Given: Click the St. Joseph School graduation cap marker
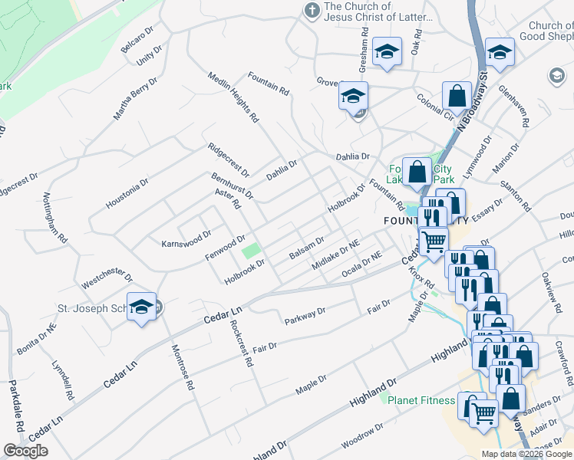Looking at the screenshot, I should [x=142, y=307].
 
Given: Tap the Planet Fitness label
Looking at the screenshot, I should [x=420, y=400].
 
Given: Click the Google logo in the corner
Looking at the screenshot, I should [x=25, y=451].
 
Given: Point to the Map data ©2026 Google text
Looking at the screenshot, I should [x=526, y=454].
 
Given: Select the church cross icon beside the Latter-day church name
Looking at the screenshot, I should [x=312, y=11].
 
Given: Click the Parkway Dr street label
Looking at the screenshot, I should [x=305, y=315].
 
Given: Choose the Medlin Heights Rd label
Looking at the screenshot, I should [x=233, y=98].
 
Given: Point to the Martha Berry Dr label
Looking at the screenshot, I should [x=135, y=99].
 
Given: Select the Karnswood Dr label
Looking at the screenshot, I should [x=186, y=239].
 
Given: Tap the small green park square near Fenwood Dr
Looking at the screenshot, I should [x=251, y=251].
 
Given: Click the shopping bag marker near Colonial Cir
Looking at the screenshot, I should [x=457, y=97].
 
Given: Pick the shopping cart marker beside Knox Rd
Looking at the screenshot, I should [x=434, y=241].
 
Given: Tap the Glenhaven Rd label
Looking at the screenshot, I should [x=514, y=107].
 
